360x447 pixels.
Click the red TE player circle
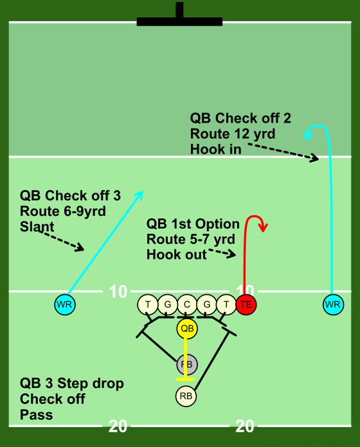246,304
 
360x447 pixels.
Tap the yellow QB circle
187,329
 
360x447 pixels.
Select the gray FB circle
187,365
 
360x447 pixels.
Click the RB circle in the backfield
186,396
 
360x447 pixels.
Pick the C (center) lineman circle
187,304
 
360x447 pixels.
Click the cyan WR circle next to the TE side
333,304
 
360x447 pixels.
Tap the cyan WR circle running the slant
65,304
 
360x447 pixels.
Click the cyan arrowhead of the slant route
139,195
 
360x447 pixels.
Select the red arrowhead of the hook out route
264,227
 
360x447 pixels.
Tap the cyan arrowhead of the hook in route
307,134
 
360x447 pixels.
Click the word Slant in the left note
37,227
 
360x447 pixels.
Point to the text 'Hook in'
215,149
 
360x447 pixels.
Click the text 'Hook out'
177,254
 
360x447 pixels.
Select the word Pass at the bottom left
36,414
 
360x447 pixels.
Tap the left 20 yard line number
118,426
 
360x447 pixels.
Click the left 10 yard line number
118,292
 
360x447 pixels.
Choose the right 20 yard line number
245,426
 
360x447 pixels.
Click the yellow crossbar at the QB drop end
186,380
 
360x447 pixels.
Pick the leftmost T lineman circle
148,304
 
